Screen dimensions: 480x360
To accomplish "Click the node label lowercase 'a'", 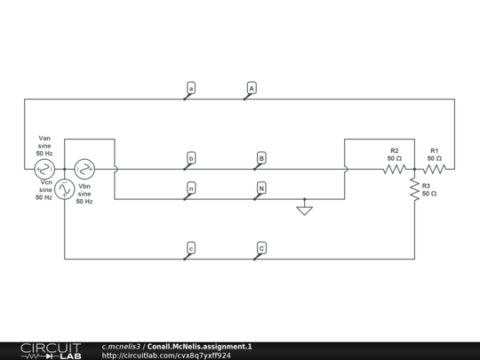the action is [x=192, y=88].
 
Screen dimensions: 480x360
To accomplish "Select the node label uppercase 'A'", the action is [x=252, y=88].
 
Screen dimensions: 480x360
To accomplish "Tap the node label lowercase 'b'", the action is [x=191, y=158].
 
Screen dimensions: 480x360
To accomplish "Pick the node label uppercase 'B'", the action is [x=261, y=158].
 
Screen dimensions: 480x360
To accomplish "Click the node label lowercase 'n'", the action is [x=191, y=188].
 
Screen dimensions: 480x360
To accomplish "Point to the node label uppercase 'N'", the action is [x=261, y=188].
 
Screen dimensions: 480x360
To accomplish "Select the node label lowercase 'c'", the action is [x=191, y=247].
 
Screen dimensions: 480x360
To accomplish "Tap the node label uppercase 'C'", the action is [x=261, y=247].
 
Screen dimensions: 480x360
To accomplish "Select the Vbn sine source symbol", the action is [x=84, y=168].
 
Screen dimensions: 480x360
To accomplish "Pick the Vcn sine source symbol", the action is [x=65, y=188].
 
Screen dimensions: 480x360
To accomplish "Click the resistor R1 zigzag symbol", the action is [x=435, y=168].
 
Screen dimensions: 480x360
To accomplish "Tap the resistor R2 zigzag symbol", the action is [x=395, y=168].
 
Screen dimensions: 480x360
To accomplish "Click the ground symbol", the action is [x=305, y=210].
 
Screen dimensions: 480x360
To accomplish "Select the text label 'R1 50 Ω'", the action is [x=435, y=154].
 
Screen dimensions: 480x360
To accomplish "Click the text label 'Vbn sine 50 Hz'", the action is [x=85, y=194].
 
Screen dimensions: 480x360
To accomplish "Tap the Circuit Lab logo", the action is [x=50, y=350].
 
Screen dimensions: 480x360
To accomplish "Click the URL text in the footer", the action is [x=166, y=356].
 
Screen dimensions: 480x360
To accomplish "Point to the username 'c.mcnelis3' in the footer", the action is [x=122, y=346].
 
